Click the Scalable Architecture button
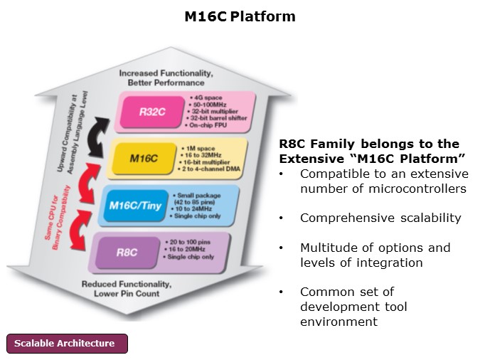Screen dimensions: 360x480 click(68, 344)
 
